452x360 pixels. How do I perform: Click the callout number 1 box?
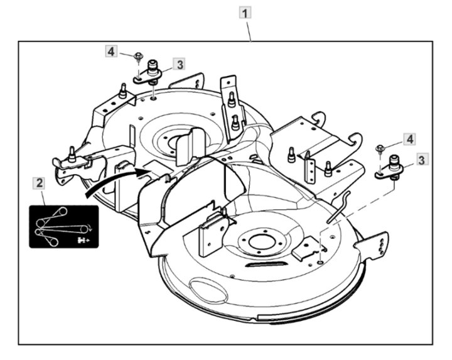coord(245,13)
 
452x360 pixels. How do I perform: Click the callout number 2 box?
coord(39,183)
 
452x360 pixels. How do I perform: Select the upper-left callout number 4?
coord(111,52)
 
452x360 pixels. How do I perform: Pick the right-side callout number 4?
coord(409,139)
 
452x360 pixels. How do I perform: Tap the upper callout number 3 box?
coord(180,64)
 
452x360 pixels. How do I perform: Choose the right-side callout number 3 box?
coord(421,160)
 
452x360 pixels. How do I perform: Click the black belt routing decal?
coord(63,227)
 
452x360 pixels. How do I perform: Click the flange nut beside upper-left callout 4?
coord(139,56)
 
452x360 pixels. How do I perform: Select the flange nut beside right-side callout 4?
coord(379,149)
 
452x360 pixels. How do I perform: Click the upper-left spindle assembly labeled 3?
coord(149,74)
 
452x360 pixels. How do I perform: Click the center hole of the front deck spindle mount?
coord(261,243)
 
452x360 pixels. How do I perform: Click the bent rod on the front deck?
coord(339,207)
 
